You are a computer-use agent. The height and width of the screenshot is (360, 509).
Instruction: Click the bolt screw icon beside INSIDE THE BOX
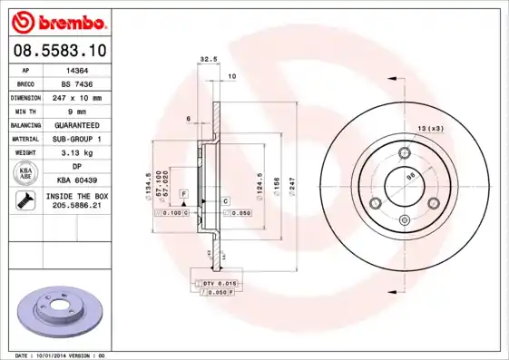tap(24, 201)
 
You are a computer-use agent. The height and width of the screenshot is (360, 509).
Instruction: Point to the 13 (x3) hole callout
tap(431, 128)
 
